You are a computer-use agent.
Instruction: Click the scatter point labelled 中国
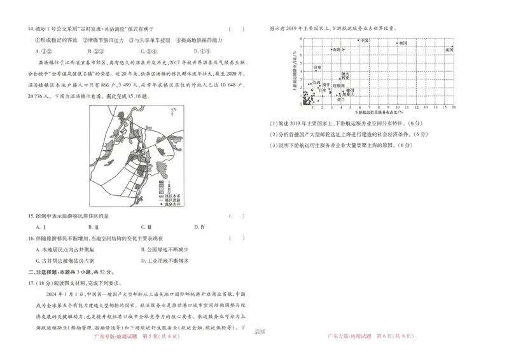pos(358,41)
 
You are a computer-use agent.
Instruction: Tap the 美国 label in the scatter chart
pos(402,43)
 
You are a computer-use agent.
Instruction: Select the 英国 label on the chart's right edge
pos(449,50)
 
